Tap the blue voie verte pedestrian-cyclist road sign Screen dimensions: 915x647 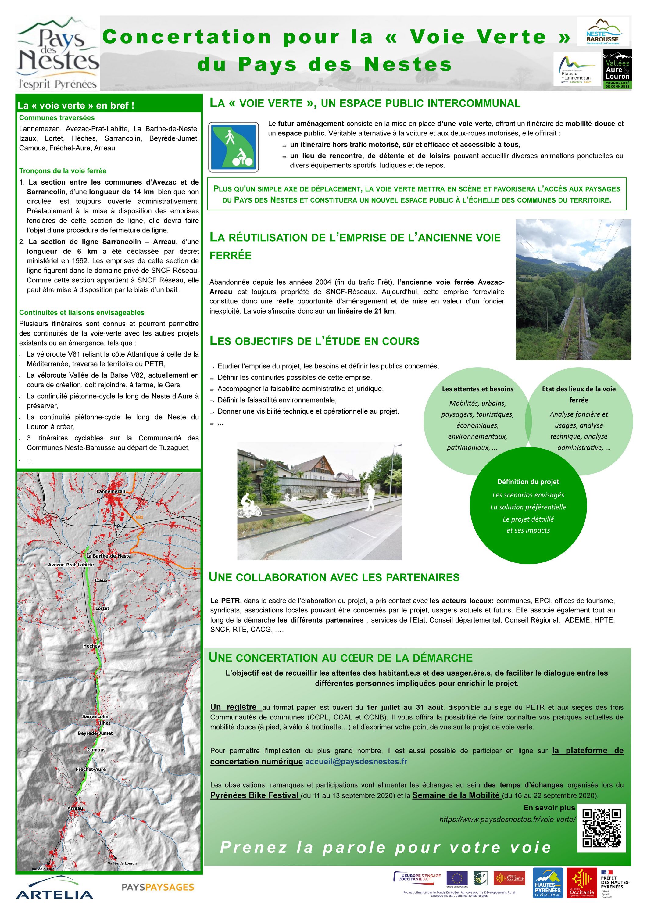coord(234,147)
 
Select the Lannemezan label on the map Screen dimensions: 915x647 coord(111,491)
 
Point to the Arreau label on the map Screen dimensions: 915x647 coord(75,808)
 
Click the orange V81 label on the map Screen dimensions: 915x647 coord(139,517)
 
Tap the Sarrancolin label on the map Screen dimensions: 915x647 coord(95,716)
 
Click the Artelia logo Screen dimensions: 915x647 coord(55,888)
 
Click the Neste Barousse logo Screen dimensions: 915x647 coord(602,32)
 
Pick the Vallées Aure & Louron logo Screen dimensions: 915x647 coord(617,69)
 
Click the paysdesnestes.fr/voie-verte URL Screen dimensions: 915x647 coord(507,819)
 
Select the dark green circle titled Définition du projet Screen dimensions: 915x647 coord(528,505)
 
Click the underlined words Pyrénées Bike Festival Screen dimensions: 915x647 coord(255,795)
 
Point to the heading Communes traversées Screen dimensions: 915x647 coord(57,117)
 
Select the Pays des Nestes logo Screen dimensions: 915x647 coord(58,53)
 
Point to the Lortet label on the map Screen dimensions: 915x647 coord(102,608)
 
